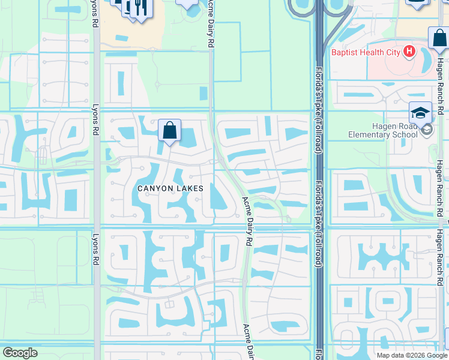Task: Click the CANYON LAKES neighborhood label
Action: (170, 188)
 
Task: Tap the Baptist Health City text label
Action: (367, 52)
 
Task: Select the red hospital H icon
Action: (410, 52)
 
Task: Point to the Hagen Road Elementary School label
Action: (373, 130)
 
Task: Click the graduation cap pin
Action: (420, 112)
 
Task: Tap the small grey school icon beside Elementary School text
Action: (426, 130)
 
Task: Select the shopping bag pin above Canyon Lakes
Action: (170, 130)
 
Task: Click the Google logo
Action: (20, 353)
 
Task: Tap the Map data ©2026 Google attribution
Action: (411, 355)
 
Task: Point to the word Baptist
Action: (346, 52)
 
